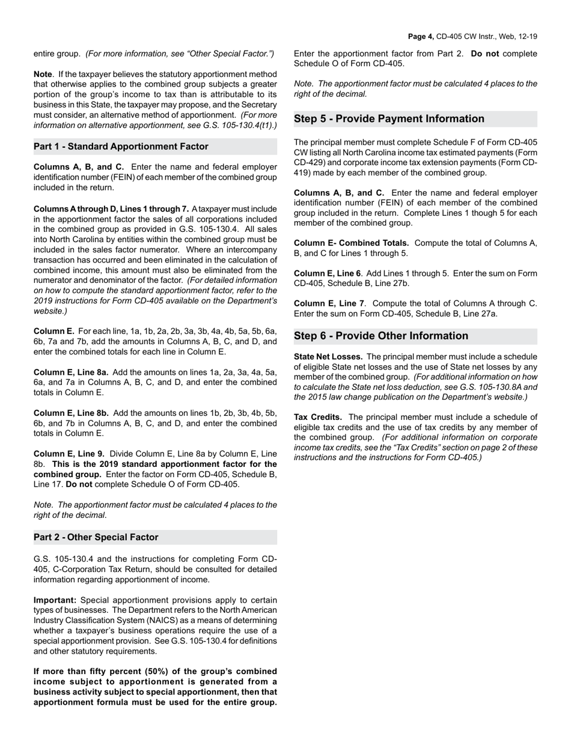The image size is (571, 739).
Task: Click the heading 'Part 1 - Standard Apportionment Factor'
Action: tap(121, 147)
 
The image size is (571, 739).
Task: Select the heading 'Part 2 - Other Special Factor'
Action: tap(96, 537)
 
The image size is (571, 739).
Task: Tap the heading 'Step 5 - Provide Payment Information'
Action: tap(389, 119)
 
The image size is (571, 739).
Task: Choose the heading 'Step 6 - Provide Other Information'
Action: tap(380, 336)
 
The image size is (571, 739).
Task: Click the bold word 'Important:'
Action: tap(55, 600)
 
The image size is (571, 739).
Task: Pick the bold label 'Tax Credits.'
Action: tap(318, 417)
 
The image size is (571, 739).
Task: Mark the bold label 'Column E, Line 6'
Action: tap(328, 273)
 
